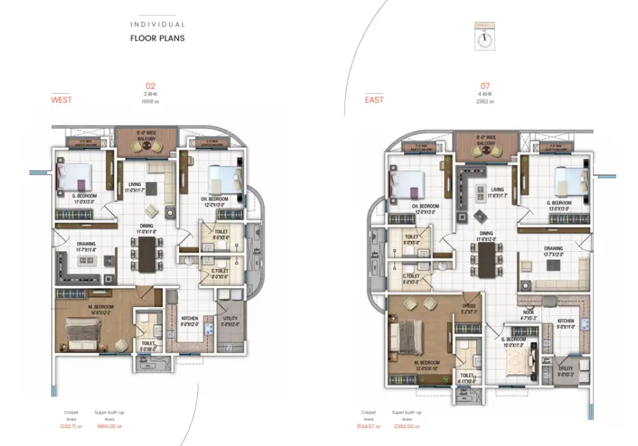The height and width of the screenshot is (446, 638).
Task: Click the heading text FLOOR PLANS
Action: coord(158,38)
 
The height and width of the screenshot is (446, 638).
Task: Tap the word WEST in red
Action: coord(61,100)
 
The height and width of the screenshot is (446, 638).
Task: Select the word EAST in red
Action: coord(374,100)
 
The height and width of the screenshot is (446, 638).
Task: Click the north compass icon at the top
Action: coord(484,36)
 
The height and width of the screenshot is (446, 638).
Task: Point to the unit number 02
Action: coord(151,86)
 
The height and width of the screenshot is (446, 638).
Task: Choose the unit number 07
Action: coord(485,86)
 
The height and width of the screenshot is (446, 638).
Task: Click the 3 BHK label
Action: coord(151,94)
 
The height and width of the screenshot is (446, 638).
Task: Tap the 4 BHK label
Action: coord(485,94)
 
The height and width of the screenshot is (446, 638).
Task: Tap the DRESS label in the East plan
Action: coord(470,305)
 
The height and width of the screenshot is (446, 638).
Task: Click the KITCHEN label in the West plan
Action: coord(189,318)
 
